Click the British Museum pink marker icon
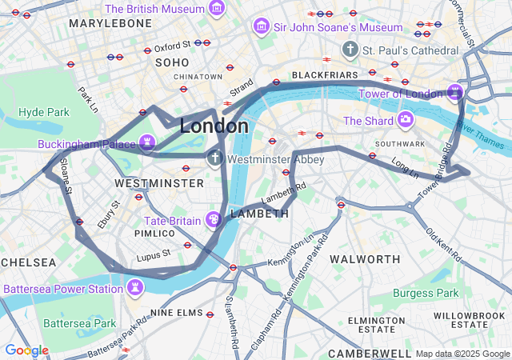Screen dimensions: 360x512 coord(216,9)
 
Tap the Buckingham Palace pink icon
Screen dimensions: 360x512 coord(146,143)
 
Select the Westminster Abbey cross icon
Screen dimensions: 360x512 coord(214,158)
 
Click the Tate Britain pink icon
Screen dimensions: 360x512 coord(214,218)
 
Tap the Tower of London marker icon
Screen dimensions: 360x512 coord(455,93)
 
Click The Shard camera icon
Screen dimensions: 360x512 coord(406,120)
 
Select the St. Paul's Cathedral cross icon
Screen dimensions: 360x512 coord(350,50)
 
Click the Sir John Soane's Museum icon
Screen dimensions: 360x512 coord(261,27)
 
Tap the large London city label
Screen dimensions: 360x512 coord(214,126)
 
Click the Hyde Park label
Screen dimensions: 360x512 coord(44,112)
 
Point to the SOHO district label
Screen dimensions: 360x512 coord(172,62)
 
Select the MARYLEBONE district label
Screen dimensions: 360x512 coord(110,24)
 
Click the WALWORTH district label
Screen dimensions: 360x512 coord(365,259)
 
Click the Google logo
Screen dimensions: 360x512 coord(26,350)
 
